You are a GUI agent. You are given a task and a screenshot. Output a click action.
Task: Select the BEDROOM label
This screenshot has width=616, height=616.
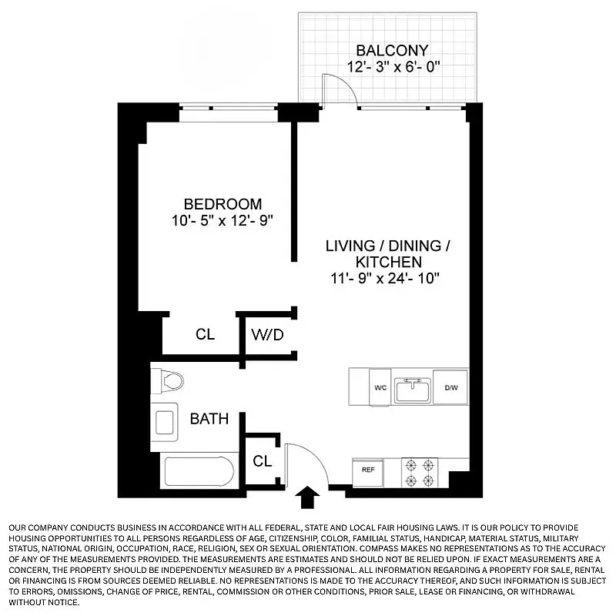[x=223, y=204]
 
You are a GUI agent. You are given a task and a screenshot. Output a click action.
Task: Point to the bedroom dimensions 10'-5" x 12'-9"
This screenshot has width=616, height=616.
[x=223, y=220]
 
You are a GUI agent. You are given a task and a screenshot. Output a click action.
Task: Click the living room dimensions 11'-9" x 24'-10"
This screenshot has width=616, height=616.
[x=385, y=278]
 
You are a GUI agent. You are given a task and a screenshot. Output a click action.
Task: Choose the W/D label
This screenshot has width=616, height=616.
[x=266, y=335]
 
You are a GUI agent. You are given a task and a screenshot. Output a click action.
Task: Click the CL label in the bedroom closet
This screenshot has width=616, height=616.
[x=205, y=335]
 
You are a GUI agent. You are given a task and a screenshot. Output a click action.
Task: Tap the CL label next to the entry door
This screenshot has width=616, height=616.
[x=263, y=461]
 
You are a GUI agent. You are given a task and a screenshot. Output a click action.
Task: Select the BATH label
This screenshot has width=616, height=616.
[x=209, y=419]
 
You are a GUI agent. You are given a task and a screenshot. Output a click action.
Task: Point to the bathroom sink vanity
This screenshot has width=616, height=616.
[x=165, y=422]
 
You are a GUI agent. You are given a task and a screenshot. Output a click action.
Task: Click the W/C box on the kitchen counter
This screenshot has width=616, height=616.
[x=380, y=387]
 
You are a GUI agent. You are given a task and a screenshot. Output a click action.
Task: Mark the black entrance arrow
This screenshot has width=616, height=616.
[x=307, y=497]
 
